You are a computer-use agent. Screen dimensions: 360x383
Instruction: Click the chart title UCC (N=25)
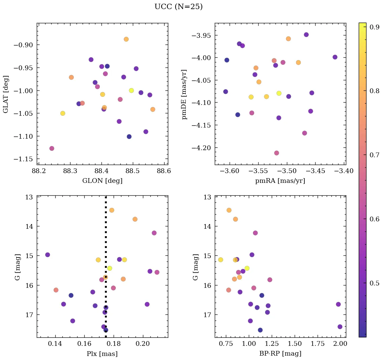coord(178,7)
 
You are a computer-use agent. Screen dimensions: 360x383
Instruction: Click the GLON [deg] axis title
coord(102,181)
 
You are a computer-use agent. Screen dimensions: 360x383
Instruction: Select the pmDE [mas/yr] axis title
coord(184,94)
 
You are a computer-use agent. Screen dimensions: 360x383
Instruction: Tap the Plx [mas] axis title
coord(102,354)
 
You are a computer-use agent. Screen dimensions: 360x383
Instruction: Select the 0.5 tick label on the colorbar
coord(375,283)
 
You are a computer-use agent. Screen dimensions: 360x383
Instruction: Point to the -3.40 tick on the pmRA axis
coord(345,171)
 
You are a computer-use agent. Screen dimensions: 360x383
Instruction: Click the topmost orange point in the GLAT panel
coord(126,39)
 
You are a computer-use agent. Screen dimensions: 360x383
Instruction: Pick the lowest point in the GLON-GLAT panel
coord(52,148)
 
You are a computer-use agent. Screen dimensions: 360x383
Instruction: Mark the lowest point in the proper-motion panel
coord(276,153)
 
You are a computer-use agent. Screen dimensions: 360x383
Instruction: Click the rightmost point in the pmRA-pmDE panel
coord(335,57)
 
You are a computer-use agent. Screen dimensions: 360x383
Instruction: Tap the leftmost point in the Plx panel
coord(48,255)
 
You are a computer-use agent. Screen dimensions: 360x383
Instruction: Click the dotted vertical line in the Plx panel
coord(106,236)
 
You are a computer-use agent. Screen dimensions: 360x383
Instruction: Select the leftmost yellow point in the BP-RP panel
coord(220,260)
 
